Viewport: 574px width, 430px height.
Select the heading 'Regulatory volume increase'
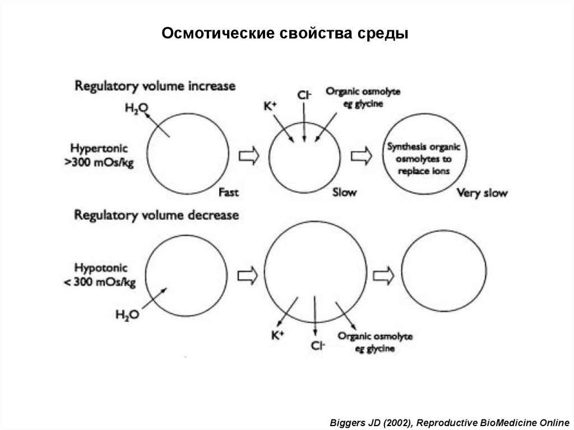[155, 86]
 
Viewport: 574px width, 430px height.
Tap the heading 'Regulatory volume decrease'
[156, 215]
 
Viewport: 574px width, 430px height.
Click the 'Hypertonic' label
[99, 149]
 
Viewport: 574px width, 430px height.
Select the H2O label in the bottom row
[127, 315]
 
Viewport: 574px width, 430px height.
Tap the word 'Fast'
[229, 192]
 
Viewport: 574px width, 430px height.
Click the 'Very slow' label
[482, 193]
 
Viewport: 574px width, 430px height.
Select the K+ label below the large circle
[278, 335]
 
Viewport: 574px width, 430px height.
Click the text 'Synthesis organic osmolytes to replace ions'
[424, 159]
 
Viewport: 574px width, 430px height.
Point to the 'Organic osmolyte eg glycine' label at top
[363, 98]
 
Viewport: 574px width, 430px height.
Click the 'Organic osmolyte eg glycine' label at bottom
[375, 342]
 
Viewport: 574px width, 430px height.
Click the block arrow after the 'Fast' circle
[248, 155]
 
